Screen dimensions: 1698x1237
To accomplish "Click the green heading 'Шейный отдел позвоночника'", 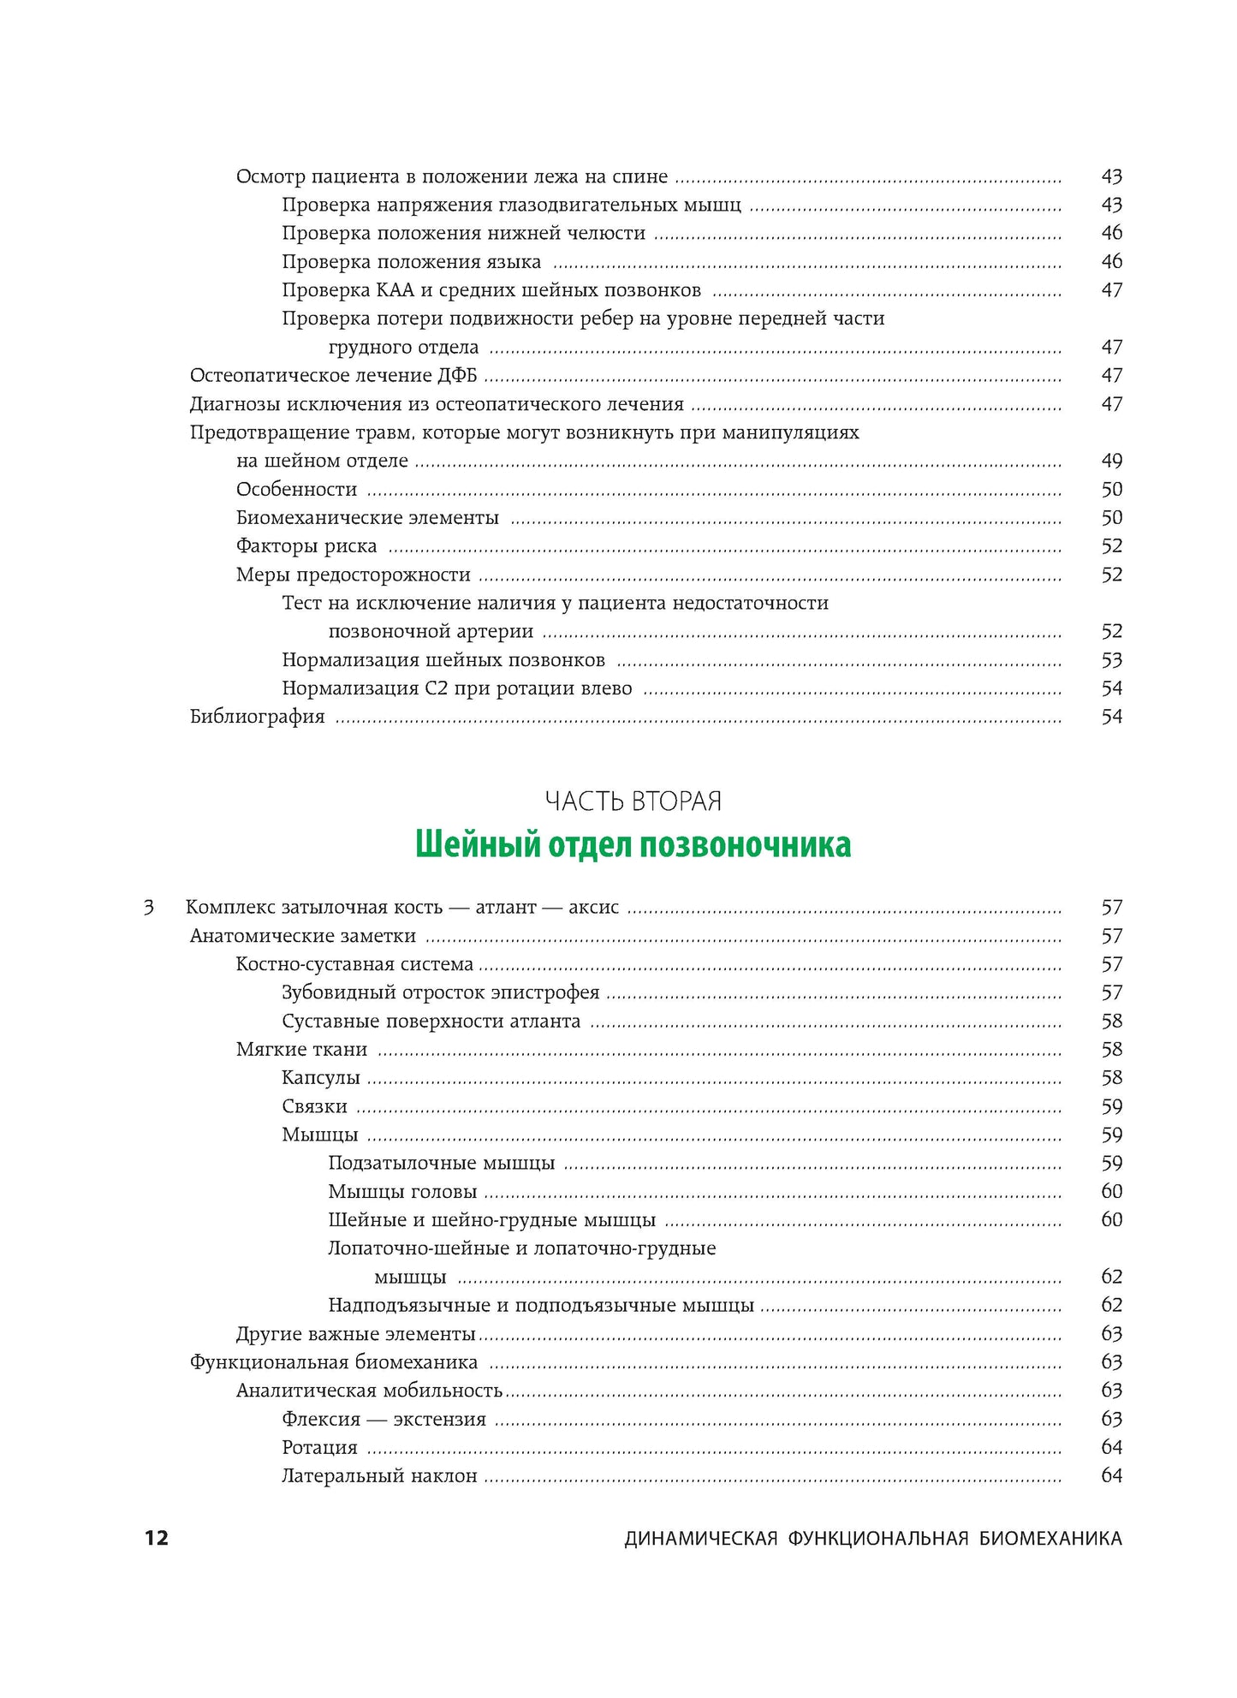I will (x=633, y=844).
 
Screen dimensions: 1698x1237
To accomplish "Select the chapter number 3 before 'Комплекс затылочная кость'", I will (x=149, y=907).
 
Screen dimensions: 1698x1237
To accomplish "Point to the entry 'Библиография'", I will (x=257, y=717).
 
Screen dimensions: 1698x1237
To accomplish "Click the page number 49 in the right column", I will (x=1111, y=461).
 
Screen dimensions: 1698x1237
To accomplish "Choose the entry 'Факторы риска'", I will (x=306, y=546).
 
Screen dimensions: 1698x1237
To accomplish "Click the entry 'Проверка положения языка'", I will (x=411, y=262).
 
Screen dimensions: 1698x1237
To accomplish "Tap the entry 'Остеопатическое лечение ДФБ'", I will (x=333, y=376).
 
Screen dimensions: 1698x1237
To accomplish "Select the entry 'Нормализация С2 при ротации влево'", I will (x=457, y=688).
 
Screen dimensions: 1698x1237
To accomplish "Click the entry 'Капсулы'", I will (x=321, y=1078).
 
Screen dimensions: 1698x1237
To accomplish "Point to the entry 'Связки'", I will (x=314, y=1106).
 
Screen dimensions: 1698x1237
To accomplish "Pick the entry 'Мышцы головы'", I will (x=402, y=1192).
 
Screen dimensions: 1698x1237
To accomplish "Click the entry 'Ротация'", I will (x=319, y=1448).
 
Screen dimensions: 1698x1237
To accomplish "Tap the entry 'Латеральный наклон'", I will (x=379, y=1476).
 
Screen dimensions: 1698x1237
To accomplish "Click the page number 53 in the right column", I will (x=1111, y=660).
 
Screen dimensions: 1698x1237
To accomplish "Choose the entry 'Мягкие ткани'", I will (x=301, y=1050).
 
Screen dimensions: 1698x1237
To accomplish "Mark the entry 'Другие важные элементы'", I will (x=355, y=1334).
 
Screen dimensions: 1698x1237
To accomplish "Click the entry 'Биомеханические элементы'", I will (x=367, y=518).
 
